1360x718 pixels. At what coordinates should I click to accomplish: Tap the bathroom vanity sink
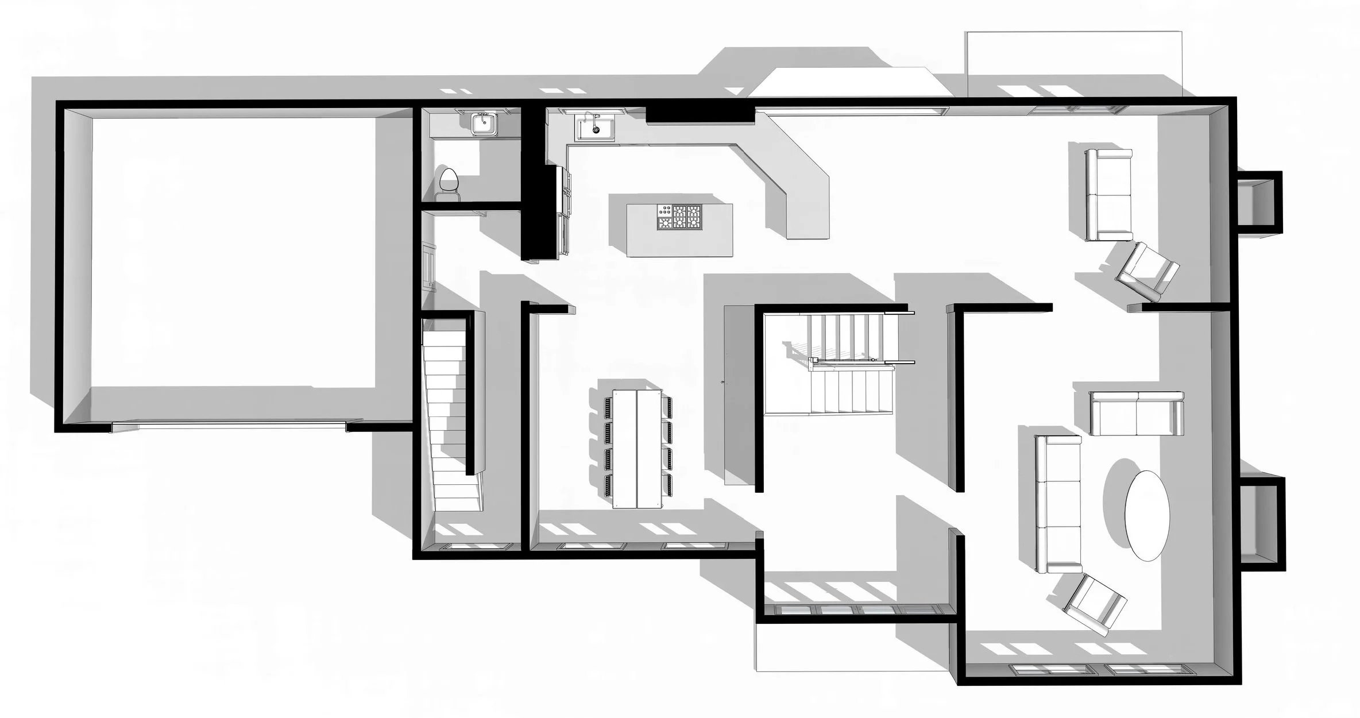click(484, 123)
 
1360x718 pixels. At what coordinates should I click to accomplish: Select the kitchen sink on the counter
click(596, 127)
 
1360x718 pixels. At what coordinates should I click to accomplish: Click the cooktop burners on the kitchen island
click(680, 217)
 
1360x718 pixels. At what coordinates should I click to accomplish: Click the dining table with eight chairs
click(637, 448)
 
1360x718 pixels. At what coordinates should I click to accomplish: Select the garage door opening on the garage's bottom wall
click(230, 426)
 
